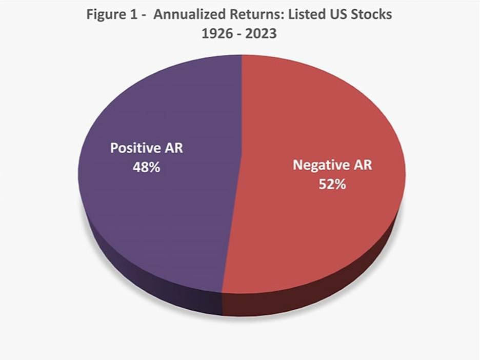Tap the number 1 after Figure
(133, 14)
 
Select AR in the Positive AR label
(173, 149)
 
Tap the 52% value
(332, 184)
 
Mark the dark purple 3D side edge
(154, 290)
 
